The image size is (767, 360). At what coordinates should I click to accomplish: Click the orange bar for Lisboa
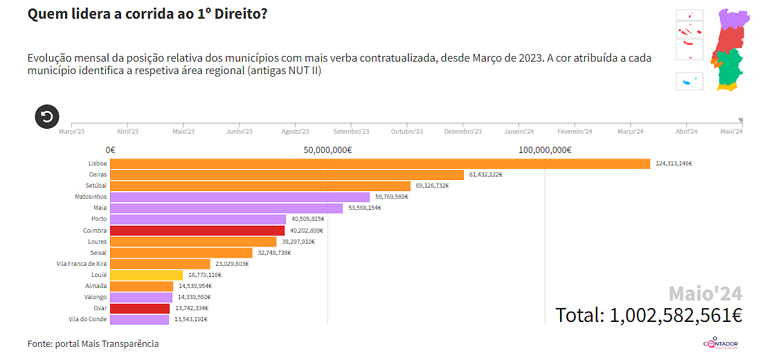point(379,163)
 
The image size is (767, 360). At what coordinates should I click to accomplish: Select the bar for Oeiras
point(287,174)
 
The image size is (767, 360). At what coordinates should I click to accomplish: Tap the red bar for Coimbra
point(197,230)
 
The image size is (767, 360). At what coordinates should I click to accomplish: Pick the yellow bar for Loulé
point(146,275)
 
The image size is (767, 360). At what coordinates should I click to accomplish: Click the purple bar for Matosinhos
point(240,197)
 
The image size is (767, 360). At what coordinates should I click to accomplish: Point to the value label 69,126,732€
point(433,186)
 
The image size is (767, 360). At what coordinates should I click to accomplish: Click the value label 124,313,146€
point(674,163)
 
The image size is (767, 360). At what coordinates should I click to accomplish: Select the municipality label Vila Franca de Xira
point(81,264)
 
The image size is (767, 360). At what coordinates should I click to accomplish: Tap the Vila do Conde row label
point(88,319)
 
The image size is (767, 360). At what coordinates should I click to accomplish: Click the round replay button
point(47,116)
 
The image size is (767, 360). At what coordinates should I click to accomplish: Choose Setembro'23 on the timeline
point(351,132)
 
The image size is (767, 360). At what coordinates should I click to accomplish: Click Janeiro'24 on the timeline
point(518,132)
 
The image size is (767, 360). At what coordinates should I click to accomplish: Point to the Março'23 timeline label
point(72,132)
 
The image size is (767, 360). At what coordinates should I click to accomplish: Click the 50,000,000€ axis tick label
point(327,150)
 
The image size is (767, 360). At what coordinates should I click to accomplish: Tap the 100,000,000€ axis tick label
point(545,150)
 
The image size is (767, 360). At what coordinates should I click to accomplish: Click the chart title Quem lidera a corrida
point(147,15)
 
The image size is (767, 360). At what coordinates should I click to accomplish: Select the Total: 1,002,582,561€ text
point(649,315)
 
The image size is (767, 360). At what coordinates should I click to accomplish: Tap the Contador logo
point(721,343)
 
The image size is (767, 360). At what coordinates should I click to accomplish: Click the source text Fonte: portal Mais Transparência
point(93,343)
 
